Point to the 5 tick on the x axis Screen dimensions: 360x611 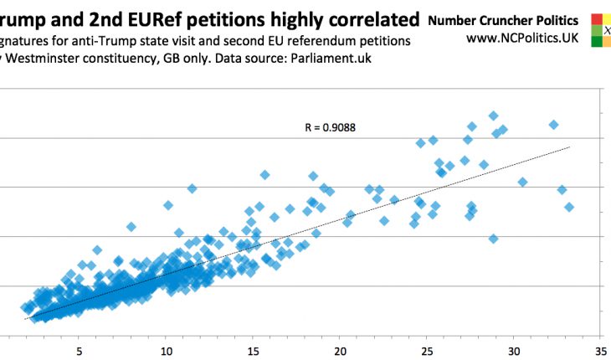pos(80,350)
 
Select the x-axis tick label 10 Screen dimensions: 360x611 pos(167,350)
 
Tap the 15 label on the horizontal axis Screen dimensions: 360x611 pos(254,350)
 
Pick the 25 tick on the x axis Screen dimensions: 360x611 pos(428,350)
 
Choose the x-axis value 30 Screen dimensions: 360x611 pos(515,350)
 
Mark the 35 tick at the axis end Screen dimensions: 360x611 pos(601,350)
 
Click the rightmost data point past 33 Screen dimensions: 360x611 pos(569,207)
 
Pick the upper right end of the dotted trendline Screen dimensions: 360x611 pos(569,147)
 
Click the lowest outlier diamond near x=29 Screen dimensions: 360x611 pos(494,239)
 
